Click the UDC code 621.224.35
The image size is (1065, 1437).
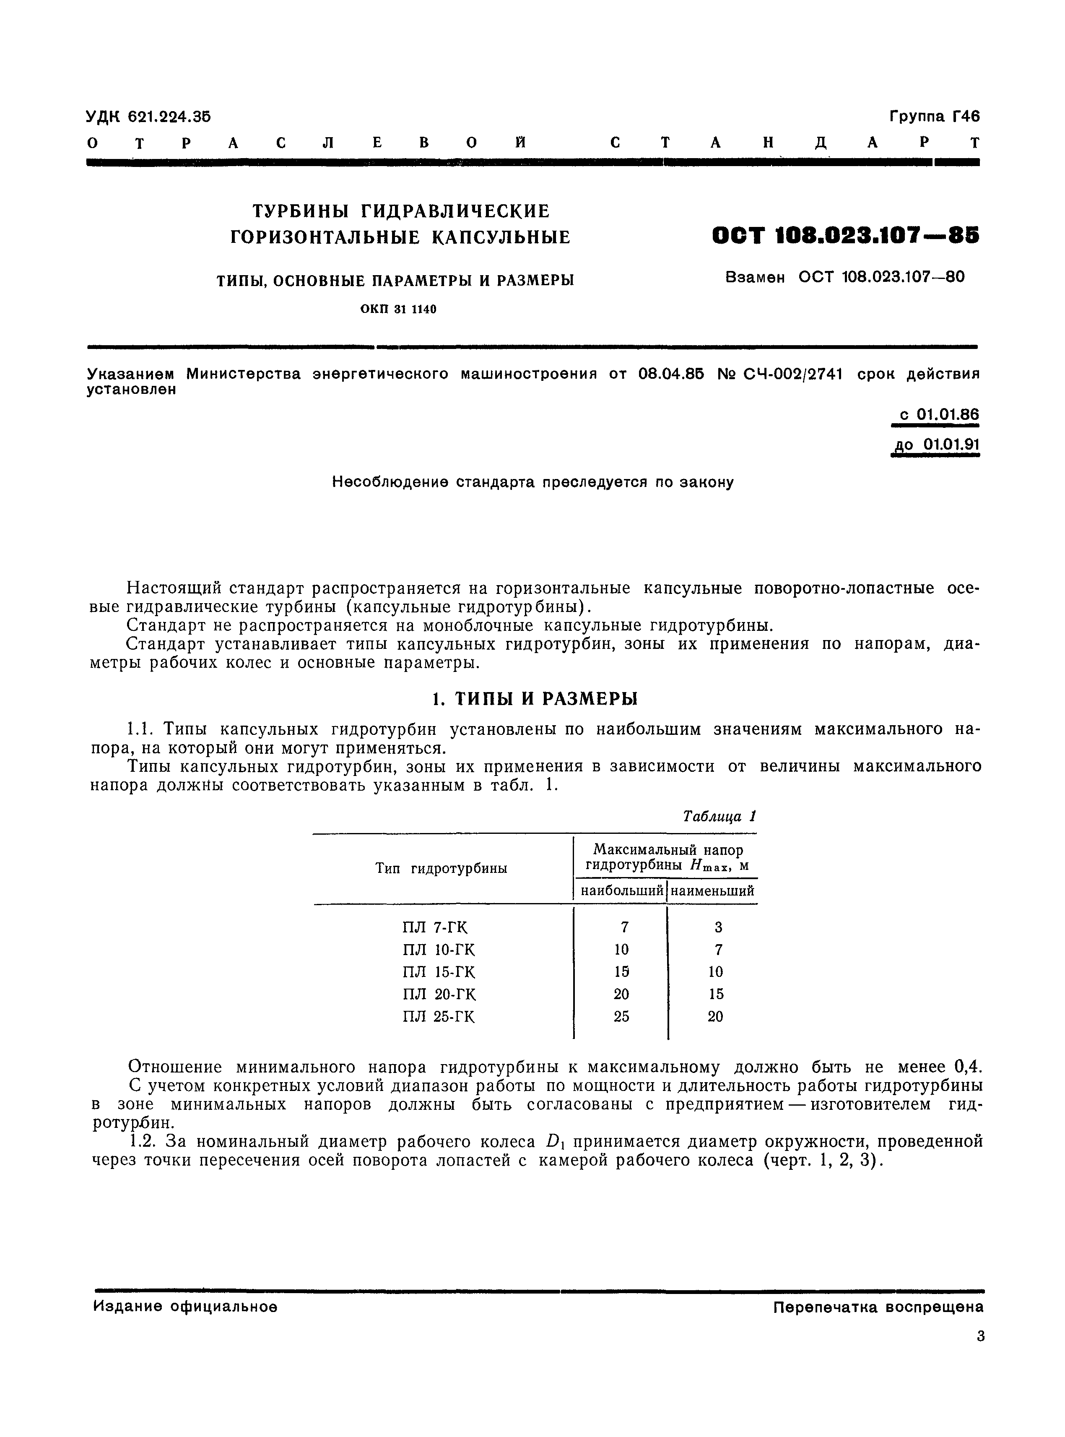tap(169, 117)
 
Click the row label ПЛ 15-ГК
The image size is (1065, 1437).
tap(439, 972)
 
